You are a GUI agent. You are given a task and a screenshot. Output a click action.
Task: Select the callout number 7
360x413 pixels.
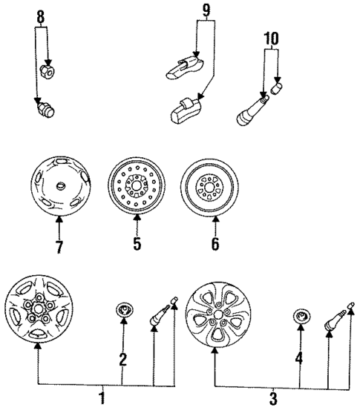(59, 242)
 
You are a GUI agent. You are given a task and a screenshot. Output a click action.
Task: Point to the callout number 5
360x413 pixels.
(136, 242)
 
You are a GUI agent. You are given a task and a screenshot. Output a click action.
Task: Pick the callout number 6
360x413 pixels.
(215, 242)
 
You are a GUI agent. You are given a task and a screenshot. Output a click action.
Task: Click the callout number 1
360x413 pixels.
(102, 399)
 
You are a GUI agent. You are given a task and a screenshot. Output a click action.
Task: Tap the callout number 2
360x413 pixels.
(122, 360)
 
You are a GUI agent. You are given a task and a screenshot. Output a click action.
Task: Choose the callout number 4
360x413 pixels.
(300, 361)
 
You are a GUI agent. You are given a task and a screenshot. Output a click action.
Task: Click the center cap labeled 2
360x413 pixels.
(123, 310)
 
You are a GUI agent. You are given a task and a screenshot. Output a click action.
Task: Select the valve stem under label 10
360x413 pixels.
(250, 110)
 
